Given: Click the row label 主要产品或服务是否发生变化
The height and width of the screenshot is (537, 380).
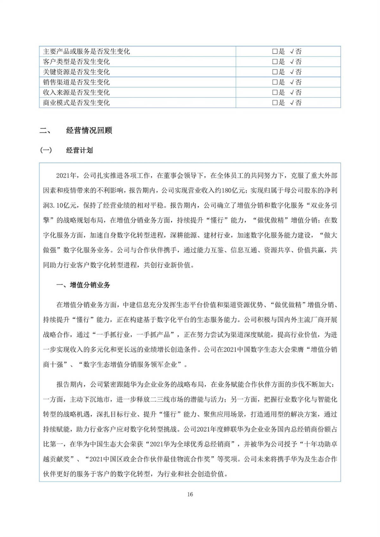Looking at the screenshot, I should click(x=86, y=52).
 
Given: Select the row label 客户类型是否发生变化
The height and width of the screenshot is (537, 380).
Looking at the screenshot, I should click(x=76, y=62).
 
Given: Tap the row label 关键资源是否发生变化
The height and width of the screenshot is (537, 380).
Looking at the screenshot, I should click(x=76, y=72).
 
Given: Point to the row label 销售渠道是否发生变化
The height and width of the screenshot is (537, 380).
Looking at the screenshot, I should click(x=76, y=82).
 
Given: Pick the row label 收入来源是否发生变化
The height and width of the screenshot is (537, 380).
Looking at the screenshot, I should click(x=76, y=92).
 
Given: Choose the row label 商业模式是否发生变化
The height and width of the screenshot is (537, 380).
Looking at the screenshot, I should click(x=76, y=103).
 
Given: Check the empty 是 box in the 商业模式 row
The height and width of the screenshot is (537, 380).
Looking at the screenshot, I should click(x=275, y=103).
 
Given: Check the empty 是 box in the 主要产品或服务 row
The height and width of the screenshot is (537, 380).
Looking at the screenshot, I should click(x=275, y=52).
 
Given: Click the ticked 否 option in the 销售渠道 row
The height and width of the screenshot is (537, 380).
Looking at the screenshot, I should click(x=296, y=82).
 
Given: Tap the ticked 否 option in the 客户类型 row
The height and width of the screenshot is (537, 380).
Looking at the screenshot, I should click(x=296, y=62).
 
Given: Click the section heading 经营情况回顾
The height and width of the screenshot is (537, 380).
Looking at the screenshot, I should click(x=89, y=130).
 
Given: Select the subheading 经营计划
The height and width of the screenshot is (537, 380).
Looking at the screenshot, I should click(x=79, y=150).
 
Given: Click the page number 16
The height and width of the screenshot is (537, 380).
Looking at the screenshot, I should click(x=190, y=494).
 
